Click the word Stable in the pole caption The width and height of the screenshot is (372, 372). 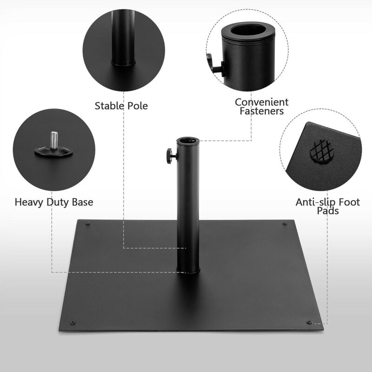(110, 106)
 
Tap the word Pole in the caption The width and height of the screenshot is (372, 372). (137, 106)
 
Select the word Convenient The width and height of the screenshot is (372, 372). (262, 102)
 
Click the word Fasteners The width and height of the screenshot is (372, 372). (262, 111)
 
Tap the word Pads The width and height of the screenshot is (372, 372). (328, 211)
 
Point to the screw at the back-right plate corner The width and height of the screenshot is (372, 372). (285, 224)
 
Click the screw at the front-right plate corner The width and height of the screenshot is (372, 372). (309, 322)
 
